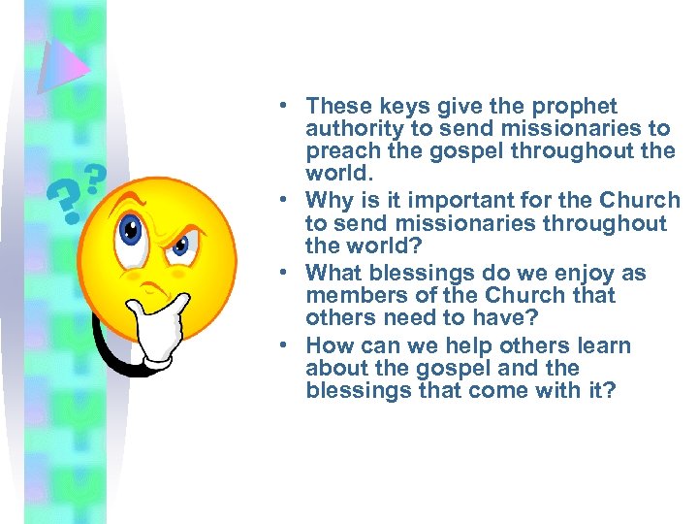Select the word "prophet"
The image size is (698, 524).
click(x=578, y=106)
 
